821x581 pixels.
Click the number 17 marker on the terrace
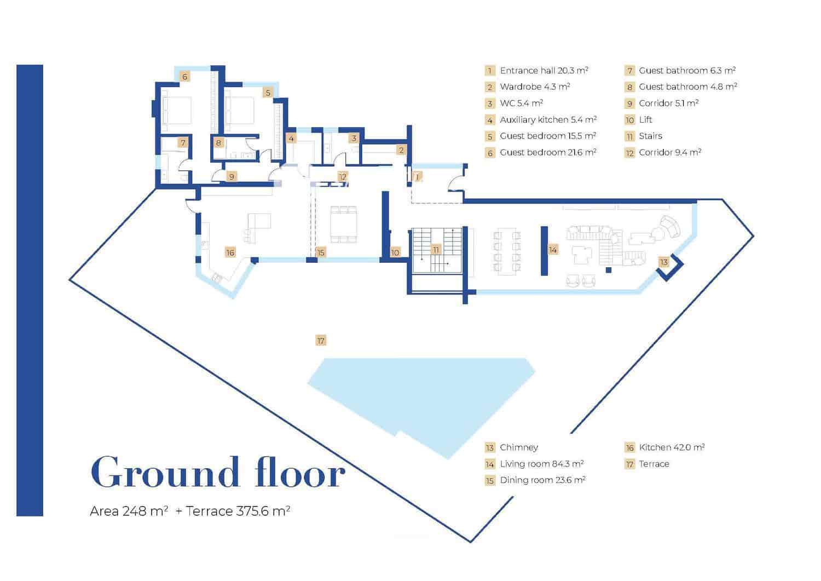pos(321,341)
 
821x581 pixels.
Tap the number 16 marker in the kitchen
pos(230,252)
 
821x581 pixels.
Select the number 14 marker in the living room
pos(553,250)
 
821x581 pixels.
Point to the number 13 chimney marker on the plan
pos(663,262)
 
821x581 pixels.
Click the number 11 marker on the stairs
pos(436,250)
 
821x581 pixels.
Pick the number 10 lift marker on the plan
pos(395,252)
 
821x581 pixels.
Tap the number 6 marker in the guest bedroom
pos(185,77)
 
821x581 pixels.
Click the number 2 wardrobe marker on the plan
pos(401,150)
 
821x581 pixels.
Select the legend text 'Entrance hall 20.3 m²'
pos(544,71)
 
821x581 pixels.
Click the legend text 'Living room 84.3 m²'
pos(541,464)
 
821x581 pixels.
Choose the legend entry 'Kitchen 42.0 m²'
pos(672,447)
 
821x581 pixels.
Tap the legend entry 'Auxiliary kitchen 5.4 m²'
pos(548,119)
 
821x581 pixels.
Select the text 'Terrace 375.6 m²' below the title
pos(238,511)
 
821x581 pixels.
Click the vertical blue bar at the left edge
pos(30,290)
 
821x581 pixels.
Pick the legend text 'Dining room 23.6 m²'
pos(542,480)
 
